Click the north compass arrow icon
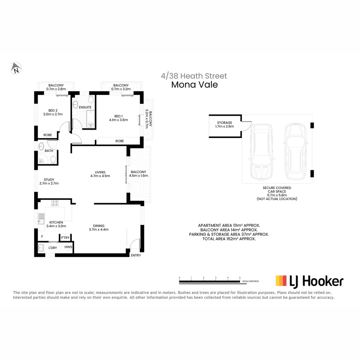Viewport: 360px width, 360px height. tap(16, 68)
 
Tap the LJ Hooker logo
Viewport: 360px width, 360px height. tap(309, 281)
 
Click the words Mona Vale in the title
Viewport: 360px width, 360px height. tap(194, 85)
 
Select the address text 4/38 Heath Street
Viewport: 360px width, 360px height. tap(194, 76)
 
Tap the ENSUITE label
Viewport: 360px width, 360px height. tap(85, 107)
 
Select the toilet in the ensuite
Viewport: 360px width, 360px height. tap(91, 99)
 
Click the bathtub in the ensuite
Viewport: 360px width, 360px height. tap(91, 119)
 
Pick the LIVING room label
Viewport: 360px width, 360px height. tap(100, 174)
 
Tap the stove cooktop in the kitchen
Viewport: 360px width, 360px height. tap(55, 203)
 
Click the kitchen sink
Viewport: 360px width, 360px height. tap(41, 219)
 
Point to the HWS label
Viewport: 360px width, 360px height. tap(68, 247)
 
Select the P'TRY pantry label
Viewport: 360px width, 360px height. tap(65, 237)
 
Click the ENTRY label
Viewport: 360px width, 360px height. tap(136, 255)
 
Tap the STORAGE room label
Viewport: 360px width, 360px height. tap(224, 125)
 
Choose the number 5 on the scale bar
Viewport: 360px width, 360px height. tap(240, 278)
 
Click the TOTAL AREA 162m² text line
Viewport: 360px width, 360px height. tap(229, 239)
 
